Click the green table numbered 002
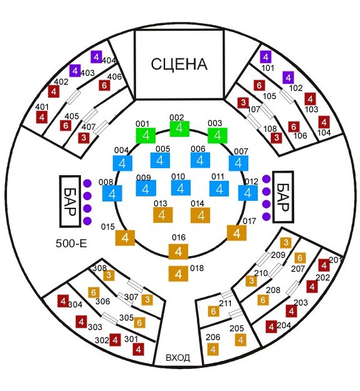pyautogui.click(x=179, y=129)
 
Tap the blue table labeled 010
pyautogui.click(x=181, y=188)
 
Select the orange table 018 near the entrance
pyautogui.click(x=178, y=274)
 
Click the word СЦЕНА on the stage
pyautogui.click(x=179, y=64)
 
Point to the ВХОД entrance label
pyautogui.click(x=177, y=358)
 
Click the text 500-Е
pyautogui.click(x=71, y=243)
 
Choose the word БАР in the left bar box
pyautogui.click(x=70, y=201)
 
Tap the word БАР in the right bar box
pyautogui.click(x=283, y=197)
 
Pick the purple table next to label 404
pyautogui.click(x=96, y=57)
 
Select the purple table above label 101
pyautogui.click(x=265, y=57)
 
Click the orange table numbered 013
pyautogui.click(x=162, y=215)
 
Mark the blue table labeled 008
pyautogui.click(x=112, y=193)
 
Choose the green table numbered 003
pyautogui.click(x=218, y=136)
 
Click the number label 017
pyautogui.click(x=250, y=221)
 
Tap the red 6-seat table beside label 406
pyautogui.click(x=104, y=85)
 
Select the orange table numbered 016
pyautogui.click(x=178, y=252)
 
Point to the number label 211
pyautogui.click(x=225, y=304)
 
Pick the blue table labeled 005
pyautogui.click(x=160, y=160)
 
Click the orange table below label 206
pyautogui.click(x=213, y=350)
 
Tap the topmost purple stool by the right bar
pyautogui.click(x=267, y=179)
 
